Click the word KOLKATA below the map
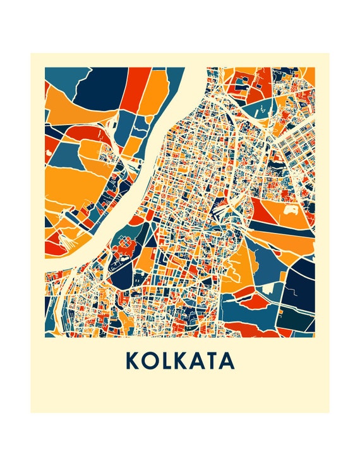[x=180, y=360]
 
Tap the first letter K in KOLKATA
[x=133, y=360]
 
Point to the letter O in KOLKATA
[x=150, y=360]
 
